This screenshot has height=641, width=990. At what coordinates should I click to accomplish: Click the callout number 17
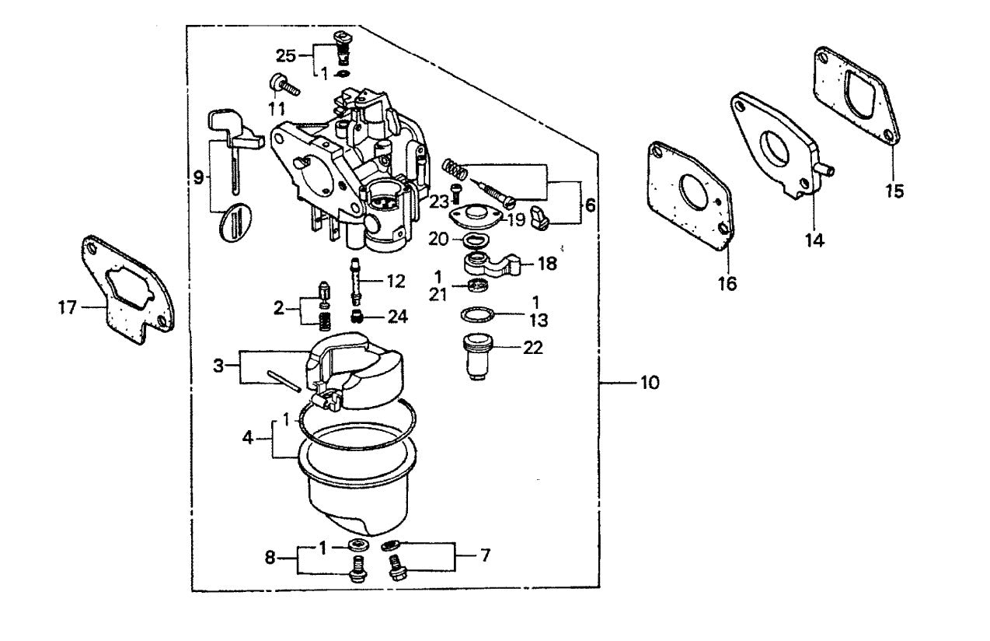click(68, 308)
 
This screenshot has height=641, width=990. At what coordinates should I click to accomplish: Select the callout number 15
click(894, 191)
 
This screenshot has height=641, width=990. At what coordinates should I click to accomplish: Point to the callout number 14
click(813, 240)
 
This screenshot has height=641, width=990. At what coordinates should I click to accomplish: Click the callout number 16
click(727, 283)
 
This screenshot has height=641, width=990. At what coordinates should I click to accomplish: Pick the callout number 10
click(650, 383)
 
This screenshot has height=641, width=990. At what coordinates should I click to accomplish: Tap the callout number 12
click(396, 279)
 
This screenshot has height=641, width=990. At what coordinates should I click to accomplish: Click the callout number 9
click(199, 177)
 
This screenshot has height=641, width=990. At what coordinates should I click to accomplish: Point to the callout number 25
click(286, 54)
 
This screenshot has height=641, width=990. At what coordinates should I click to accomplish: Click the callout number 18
click(547, 264)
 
